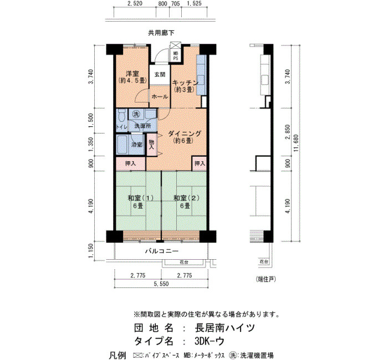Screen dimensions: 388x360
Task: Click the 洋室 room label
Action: pos(132,74)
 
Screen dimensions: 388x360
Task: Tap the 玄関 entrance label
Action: pos(160,74)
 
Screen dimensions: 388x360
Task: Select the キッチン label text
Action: pos(185,83)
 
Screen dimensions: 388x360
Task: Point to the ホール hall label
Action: pos(160,97)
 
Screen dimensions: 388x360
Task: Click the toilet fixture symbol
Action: pos(121,116)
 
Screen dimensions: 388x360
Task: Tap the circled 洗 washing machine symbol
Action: pos(136,114)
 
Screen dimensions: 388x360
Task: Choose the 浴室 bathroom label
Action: pos(137,145)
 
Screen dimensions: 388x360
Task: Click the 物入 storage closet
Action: pos(152,145)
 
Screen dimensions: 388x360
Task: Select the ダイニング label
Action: pos(185,134)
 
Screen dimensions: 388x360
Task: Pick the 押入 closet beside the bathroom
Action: pos(131,163)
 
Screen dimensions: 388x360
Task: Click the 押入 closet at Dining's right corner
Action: pos(200,163)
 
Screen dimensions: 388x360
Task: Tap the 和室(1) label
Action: pos(141,198)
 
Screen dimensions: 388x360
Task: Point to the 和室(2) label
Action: pos(186,198)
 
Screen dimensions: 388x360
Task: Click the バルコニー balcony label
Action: pos(162,251)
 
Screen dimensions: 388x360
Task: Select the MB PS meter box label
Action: pos(176,56)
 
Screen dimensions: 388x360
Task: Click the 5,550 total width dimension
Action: pos(161,284)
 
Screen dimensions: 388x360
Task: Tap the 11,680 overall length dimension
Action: pos(297,143)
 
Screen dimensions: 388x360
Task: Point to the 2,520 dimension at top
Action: pos(135,3)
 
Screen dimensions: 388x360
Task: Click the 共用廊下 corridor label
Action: pos(161,33)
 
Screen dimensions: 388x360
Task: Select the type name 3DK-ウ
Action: pos(210,342)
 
